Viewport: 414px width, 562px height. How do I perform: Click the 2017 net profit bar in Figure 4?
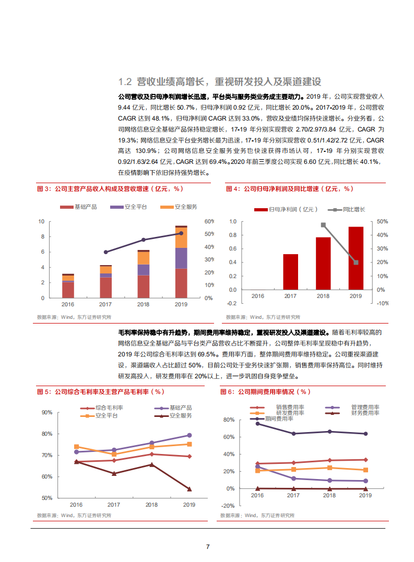pos(291,271)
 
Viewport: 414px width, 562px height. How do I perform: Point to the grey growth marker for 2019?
pos(356,262)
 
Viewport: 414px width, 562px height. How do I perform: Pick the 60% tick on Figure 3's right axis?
pos(209,221)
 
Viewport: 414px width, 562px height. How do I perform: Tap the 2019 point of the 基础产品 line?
pos(189,435)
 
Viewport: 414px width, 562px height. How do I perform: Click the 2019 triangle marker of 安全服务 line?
pos(189,489)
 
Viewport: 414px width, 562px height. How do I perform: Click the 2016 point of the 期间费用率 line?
pos(257,424)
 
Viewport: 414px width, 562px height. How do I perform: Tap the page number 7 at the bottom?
pos(208,547)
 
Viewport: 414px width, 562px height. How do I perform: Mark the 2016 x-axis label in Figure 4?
pos(258,296)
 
